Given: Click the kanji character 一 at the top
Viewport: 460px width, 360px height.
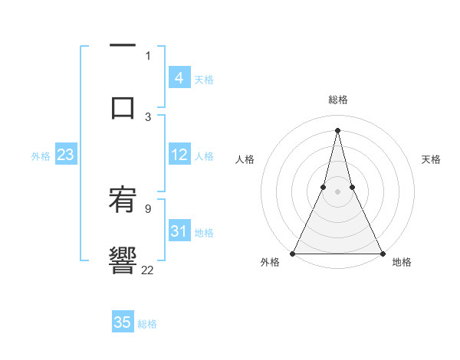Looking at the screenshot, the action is coord(123,47).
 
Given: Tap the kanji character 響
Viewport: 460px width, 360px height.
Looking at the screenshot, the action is coord(123,258).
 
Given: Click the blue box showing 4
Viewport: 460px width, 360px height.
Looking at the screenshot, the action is coord(179,78).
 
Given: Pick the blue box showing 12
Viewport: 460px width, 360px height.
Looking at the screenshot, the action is coord(179,155).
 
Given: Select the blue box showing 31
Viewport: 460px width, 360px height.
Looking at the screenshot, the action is coord(179,231).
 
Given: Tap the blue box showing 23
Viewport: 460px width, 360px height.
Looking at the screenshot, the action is coord(65,155).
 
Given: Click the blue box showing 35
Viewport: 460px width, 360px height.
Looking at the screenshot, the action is coord(123,322).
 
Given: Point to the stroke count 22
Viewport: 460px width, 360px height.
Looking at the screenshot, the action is coord(147,269).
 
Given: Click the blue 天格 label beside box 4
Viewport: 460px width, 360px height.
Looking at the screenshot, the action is coord(204,80).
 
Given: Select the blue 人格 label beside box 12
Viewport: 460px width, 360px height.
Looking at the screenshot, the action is coord(204,156).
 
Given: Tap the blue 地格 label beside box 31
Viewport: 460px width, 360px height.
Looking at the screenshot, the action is coord(204,233).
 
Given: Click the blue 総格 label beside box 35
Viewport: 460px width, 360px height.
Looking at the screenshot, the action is coord(147,324).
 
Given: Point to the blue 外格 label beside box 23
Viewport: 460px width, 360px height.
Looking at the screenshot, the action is coord(41,156).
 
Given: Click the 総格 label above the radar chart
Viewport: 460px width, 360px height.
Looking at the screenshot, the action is coord(337,100).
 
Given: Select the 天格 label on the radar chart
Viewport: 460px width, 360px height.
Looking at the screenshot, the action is coord(431,159).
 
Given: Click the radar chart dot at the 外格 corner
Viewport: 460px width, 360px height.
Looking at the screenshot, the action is coord(293,253).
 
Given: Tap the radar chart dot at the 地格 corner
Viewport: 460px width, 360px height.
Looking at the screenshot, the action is coord(382,253).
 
